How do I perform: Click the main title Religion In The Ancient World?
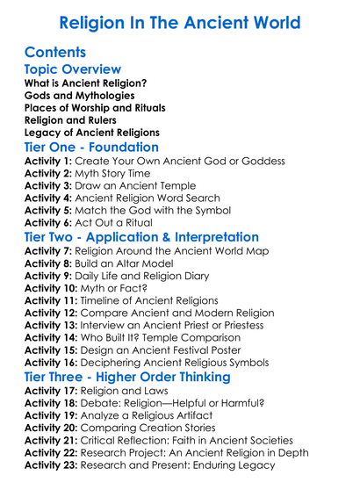(179, 22)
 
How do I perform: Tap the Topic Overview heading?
(73, 69)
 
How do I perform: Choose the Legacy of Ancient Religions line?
(95, 132)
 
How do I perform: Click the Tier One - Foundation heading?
(92, 147)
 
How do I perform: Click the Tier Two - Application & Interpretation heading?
(141, 237)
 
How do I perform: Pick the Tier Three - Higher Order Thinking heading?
(126, 377)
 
